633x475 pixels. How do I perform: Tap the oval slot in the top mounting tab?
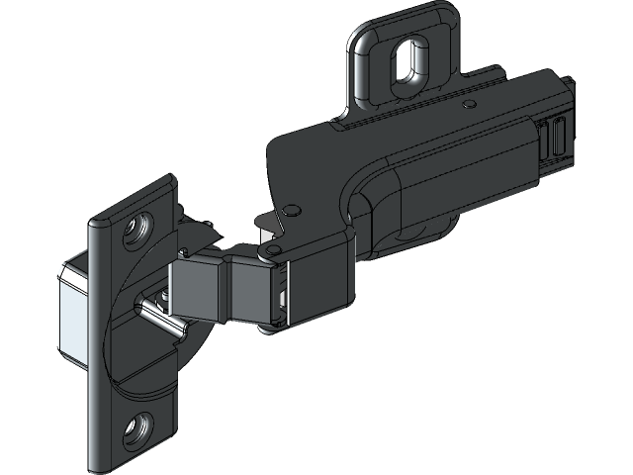(405, 63)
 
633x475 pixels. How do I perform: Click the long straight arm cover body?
(465, 178)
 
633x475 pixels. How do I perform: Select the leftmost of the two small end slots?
(546, 138)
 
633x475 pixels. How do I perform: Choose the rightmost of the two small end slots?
(560, 135)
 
